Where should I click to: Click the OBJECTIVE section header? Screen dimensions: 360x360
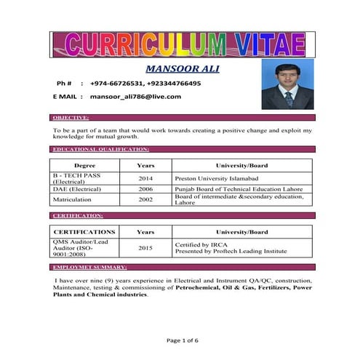(x=71, y=117)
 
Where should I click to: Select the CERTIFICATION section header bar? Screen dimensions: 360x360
(x=79, y=216)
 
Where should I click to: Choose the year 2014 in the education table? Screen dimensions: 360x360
(x=145, y=178)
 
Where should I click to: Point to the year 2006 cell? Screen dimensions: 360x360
(x=145, y=188)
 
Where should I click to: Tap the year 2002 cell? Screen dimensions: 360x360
(x=145, y=199)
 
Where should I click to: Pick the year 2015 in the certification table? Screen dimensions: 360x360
(x=145, y=248)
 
